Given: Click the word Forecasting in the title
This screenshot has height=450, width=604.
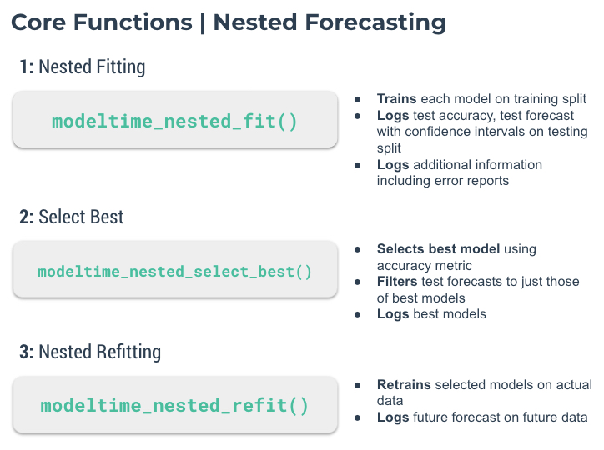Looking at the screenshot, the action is pyautogui.click(x=375, y=22).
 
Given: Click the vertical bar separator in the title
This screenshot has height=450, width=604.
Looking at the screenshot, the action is pyautogui.click(x=203, y=22).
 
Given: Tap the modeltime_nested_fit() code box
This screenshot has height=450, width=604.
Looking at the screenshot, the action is pyautogui.click(x=175, y=120).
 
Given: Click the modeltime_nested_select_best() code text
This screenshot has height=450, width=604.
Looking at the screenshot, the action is pyautogui.click(x=174, y=272).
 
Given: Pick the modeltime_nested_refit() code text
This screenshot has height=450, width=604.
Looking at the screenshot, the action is pyautogui.click(x=174, y=405).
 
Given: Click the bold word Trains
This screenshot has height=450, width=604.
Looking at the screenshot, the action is pyautogui.click(x=396, y=99).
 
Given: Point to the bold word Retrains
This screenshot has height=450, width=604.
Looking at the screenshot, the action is pyautogui.click(x=404, y=385).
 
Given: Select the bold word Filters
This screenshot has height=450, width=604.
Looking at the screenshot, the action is pyautogui.click(x=397, y=282).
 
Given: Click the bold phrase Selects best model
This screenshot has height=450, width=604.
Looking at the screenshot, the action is pyautogui.click(x=438, y=249).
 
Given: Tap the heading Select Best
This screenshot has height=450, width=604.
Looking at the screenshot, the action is pyautogui.click(x=81, y=217).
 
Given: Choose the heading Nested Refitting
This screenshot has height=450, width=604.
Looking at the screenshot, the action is pyautogui.click(x=100, y=352).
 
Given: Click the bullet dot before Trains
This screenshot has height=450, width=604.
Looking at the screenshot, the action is pyautogui.click(x=357, y=100).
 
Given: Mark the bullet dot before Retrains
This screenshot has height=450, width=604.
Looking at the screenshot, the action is pyautogui.click(x=357, y=385).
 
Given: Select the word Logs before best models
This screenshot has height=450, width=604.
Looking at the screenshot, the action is pyautogui.click(x=393, y=314).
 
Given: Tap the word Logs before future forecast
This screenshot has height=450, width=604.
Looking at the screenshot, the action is pyautogui.click(x=393, y=417).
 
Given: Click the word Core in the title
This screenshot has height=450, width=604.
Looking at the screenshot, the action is pyautogui.click(x=38, y=22).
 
